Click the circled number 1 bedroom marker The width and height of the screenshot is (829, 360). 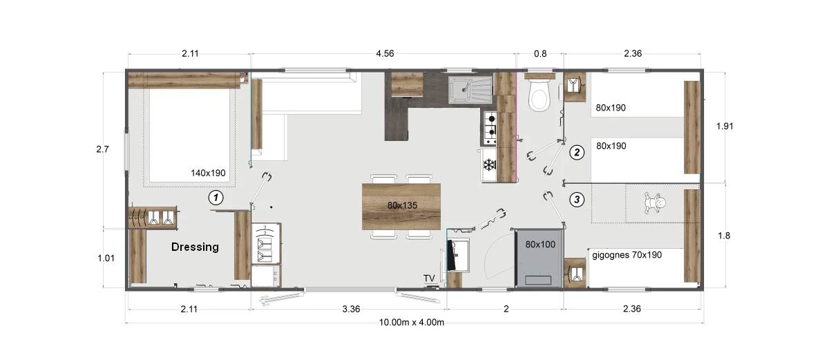click(x=216, y=198)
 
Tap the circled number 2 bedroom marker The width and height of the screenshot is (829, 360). click(x=577, y=153)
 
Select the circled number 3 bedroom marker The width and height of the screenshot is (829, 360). click(x=577, y=200)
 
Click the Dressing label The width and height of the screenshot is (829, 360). click(x=195, y=247)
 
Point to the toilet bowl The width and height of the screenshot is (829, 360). click(x=538, y=95)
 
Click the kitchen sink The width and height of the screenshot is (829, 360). click(x=470, y=89)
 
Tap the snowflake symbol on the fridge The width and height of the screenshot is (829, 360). click(x=489, y=164)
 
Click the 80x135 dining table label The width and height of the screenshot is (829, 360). click(x=402, y=205)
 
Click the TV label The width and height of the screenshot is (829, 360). click(x=429, y=278)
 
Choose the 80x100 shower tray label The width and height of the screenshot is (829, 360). click(x=540, y=244)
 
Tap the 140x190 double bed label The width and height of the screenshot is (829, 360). click(x=208, y=173)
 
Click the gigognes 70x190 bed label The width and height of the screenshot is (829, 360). click(x=627, y=255)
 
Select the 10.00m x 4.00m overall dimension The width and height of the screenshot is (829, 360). click(x=412, y=322)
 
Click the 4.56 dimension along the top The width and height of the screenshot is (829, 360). click(x=385, y=54)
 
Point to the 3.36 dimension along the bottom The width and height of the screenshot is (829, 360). click(x=351, y=309)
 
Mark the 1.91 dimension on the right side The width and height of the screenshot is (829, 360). click(x=725, y=126)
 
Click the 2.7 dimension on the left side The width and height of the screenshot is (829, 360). click(x=102, y=149)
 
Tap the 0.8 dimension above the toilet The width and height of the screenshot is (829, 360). click(x=540, y=54)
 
